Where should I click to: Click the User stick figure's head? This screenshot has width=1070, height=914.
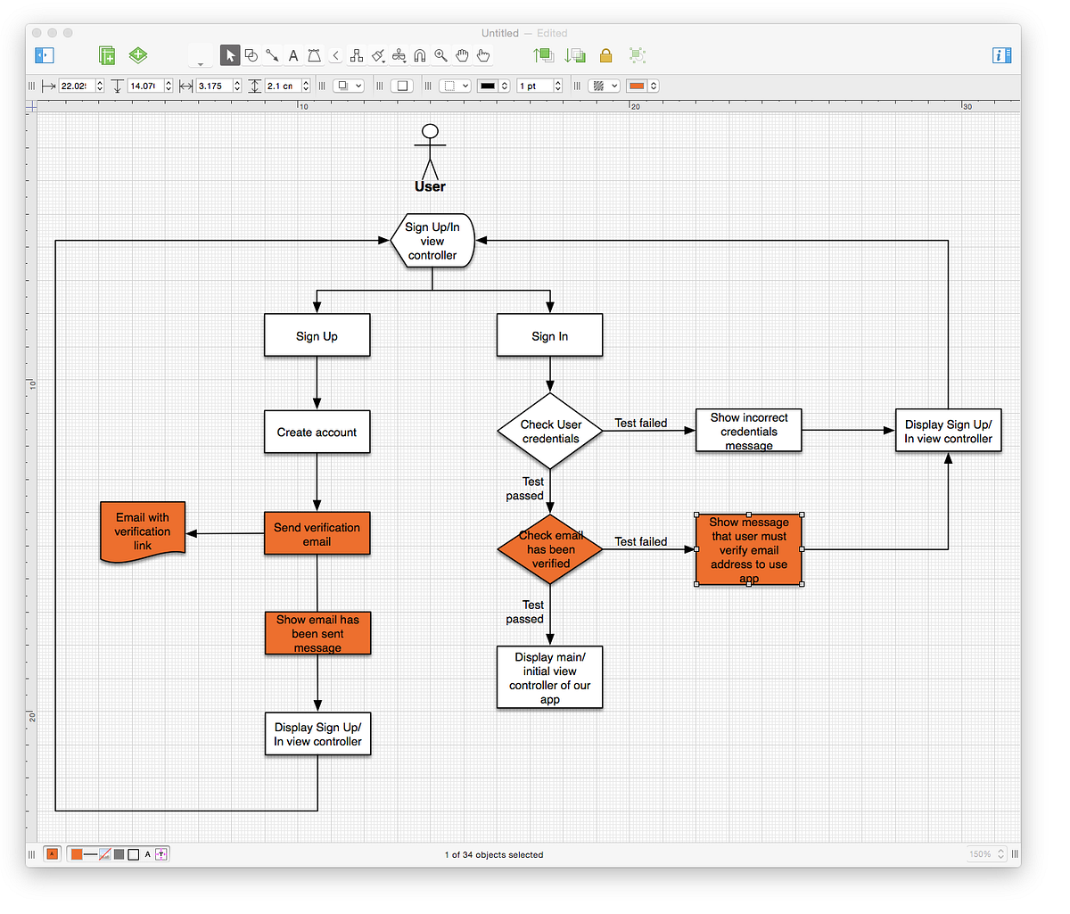coord(431,132)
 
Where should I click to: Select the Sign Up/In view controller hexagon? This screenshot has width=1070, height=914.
coord(432,241)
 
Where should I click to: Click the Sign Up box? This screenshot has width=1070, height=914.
coord(317,336)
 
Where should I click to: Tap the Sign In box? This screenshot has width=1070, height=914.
coord(549,336)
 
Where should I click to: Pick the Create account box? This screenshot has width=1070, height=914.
coord(317,432)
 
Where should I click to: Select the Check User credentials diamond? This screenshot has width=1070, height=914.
coord(550,432)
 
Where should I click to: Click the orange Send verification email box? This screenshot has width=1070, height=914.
coord(317,534)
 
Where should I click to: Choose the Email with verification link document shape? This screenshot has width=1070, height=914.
coord(143,531)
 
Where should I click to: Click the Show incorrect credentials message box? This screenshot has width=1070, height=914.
coord(748,431)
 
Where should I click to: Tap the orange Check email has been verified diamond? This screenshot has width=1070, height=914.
coord(550,549)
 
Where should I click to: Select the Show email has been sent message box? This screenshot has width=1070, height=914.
coord(317,633)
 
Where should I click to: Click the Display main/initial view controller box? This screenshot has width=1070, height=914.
coord(549,678)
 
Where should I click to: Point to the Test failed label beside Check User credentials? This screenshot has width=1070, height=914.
coord(640,423)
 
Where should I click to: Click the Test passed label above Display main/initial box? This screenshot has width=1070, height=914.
coord(525,612)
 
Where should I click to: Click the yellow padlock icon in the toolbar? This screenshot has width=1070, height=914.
coord(605,56)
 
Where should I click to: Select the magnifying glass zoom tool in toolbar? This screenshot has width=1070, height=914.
coord(440,55)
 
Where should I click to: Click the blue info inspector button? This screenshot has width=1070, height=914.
coord(1001,55)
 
